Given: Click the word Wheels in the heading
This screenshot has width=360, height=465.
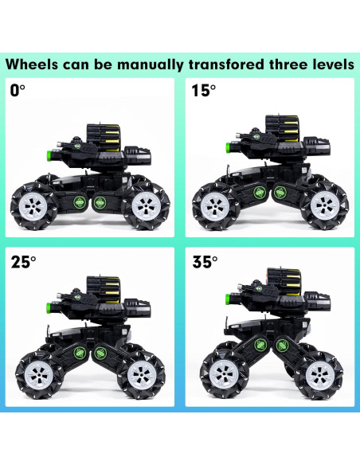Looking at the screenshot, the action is pos(32,64).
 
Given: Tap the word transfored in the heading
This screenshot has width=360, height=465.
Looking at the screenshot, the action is pos(226,64).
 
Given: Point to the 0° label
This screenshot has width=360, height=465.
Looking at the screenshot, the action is pos(18,91).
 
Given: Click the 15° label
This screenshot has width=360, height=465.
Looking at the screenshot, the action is pos(203,91).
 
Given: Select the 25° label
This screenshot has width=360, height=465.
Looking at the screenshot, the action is pos(23,262).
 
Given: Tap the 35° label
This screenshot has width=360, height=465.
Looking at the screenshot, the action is pos(205,262).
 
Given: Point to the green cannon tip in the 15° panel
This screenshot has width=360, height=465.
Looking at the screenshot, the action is pos(229,147).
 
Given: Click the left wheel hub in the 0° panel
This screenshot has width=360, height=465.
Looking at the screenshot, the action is pos(33,205).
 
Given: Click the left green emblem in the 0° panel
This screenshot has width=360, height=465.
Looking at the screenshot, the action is pos(79,202).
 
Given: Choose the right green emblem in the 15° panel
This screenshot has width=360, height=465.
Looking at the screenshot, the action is pos(280,193).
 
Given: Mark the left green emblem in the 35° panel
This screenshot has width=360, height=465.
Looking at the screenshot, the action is pos(260,345).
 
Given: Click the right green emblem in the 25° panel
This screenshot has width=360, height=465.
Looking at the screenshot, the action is pos(100,353).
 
